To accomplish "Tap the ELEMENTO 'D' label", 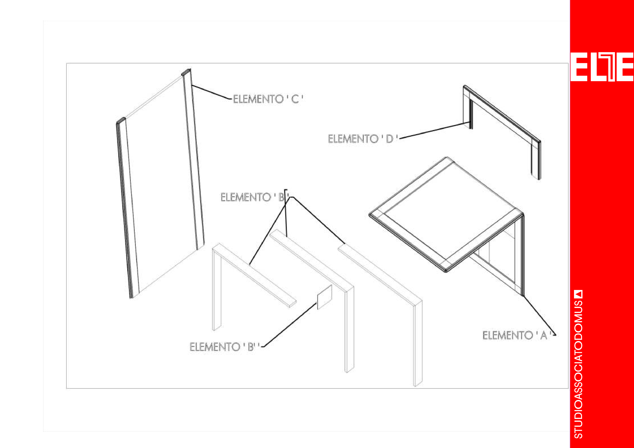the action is [363, 139].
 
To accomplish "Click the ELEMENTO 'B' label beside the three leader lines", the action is [254, 197].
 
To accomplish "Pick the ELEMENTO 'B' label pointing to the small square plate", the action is [224, 347].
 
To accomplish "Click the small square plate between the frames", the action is [324, 297].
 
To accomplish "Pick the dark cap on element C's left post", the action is [121, 120].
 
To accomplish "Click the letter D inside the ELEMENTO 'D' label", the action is [389, 139].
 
